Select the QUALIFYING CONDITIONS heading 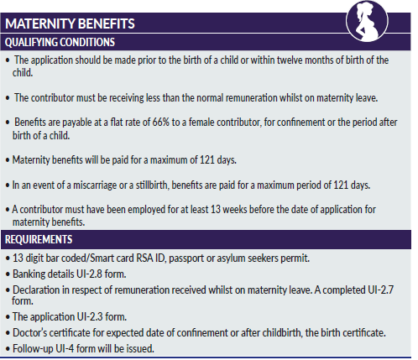[x=60, y=42]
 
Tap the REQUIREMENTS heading [x=42, y=238]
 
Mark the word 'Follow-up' [x=34, y=348]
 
